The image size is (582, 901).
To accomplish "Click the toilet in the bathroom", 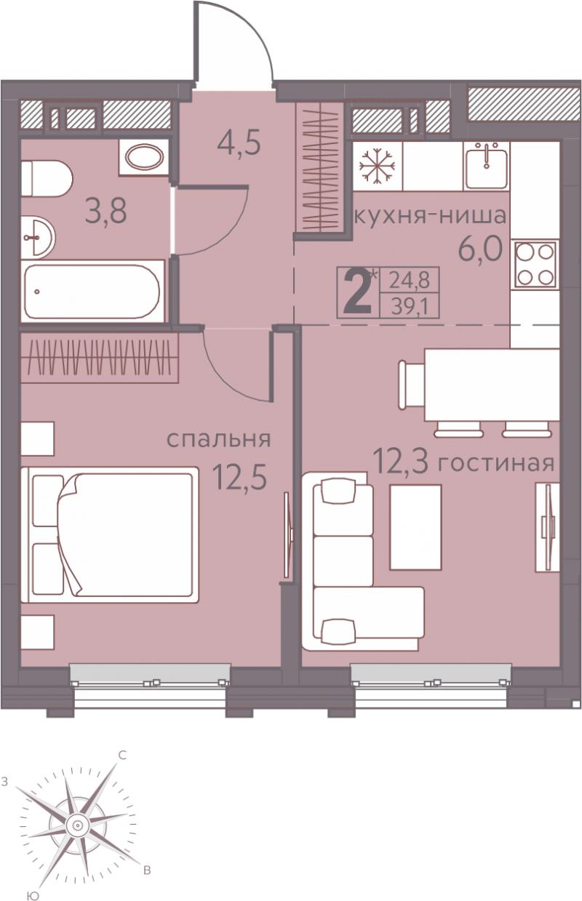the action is tap(47, 179).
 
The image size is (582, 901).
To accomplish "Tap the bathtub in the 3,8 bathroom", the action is tap(92, 291).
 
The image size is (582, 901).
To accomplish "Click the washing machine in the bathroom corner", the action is tap(144, 157).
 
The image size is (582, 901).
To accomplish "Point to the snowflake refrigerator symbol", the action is tap(377, 166).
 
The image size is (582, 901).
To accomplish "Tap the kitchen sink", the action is tap(486, 165).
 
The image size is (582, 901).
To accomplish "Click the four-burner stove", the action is tap(535, 264).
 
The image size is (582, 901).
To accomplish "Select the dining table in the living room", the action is tap(492, 385).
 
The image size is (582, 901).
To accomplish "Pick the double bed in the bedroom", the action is tap(109, 534).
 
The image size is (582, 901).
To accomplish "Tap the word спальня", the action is tap(219, 439).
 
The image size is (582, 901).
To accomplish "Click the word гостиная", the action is tap(496, 463).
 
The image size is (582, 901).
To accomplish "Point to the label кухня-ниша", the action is tap(430, 217).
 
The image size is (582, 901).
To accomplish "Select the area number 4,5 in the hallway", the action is tap(239, 145).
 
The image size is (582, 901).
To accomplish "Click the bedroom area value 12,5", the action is tap(240, 476).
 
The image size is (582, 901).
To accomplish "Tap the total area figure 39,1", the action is tap(410, 308).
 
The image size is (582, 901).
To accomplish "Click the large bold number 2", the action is tap(358, 293).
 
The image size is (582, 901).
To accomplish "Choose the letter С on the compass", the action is tap(123, 756).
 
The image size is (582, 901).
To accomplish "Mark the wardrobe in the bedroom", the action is tap(100, 358).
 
